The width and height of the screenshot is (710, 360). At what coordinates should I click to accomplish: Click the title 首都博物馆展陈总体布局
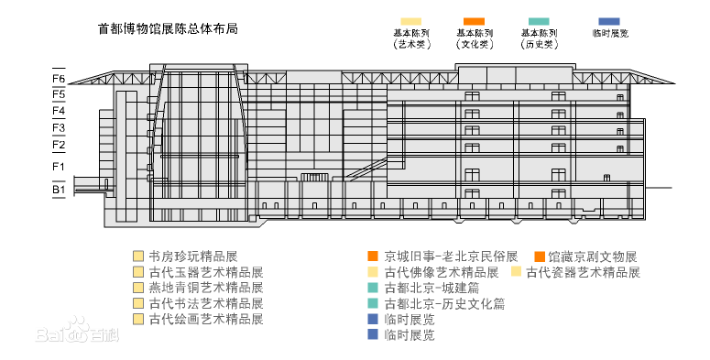click(168, 28)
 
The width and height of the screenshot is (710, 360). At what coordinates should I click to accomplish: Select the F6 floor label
click(59, 79)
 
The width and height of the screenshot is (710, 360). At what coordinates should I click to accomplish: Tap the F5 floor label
click(59, 94)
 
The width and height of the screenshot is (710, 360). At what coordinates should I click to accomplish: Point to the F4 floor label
click(59, 111)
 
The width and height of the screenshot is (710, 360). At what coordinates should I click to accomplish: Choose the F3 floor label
click(59, 127)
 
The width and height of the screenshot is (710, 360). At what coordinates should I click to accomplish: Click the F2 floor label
click(59, 145)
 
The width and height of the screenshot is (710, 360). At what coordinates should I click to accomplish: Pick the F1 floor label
click(59, 167)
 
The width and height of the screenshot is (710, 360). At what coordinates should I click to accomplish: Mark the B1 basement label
click(59, 190)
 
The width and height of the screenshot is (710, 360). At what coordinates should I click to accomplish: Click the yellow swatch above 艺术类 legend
click(410, 21)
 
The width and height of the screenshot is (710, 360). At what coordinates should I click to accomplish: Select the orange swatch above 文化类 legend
click(474, 21)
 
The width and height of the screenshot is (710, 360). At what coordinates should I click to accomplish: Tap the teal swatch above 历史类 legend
click(539, 21)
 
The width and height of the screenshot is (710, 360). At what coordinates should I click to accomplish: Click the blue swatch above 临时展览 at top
click(608, 21)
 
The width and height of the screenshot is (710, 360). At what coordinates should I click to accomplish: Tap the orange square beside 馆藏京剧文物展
click(540, 256)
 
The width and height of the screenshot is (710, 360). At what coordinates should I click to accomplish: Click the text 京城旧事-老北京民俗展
click(451, 256)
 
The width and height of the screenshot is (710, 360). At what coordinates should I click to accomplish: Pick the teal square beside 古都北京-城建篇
click(372, 288)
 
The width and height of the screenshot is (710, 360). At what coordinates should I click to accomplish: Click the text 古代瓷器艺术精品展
click(583, 272)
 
